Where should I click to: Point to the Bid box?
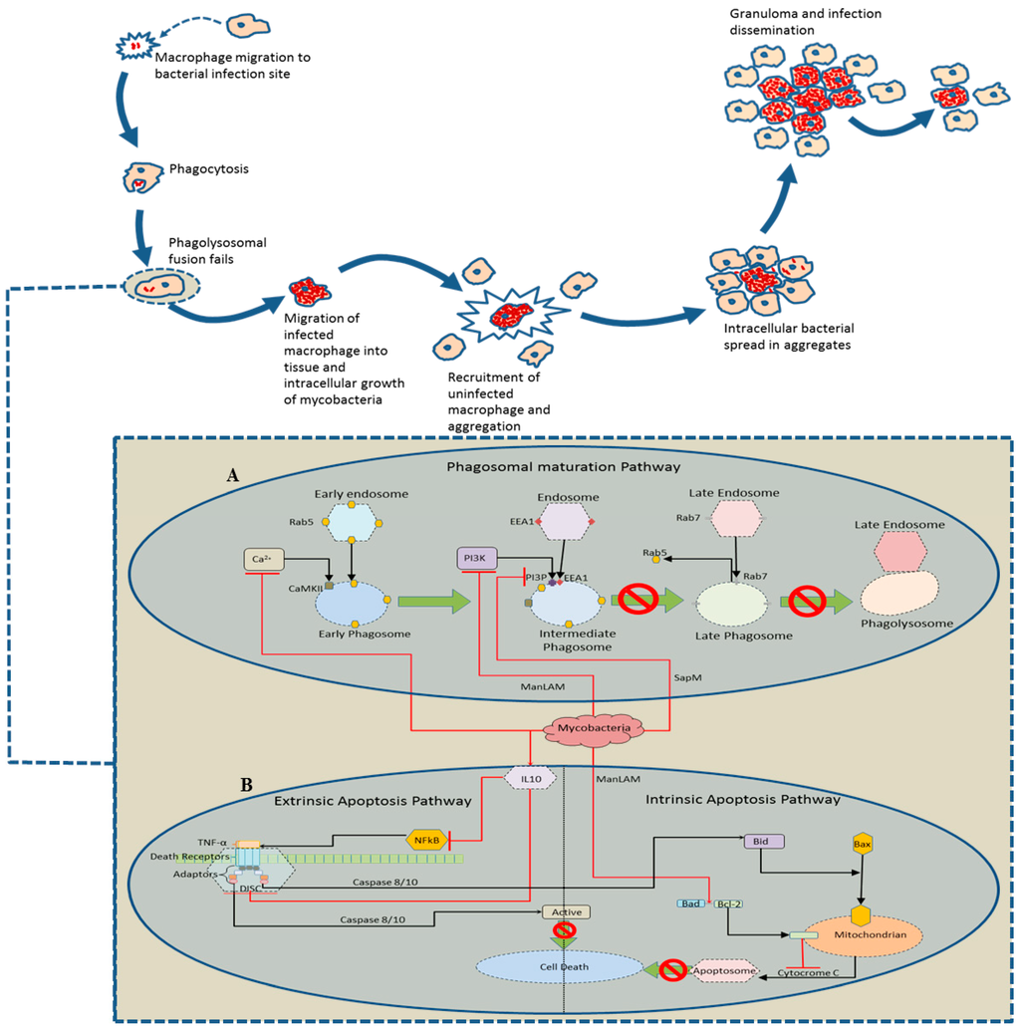click(764, 841)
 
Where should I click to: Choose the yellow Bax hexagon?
click(863, 845)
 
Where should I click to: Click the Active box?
click(566, 911)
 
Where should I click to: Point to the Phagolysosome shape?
click(906, 596)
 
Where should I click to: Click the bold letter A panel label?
click(232, 476)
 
